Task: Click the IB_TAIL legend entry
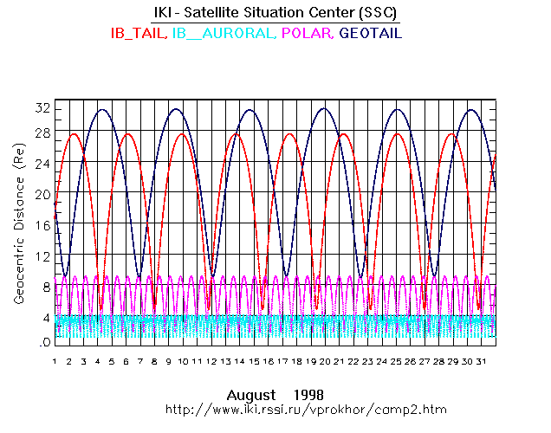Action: coord(139,33)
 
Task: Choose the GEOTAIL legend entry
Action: coord(372,33)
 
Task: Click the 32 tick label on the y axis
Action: coord(42,108)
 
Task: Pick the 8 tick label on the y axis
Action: coord(44,287)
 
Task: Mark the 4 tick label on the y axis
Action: coord(44,318)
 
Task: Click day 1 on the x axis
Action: coord(55,360)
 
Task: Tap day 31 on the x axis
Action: coord(481,360)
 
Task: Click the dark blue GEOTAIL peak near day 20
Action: coord(324,109)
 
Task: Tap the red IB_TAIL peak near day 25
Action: coord(399,133)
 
